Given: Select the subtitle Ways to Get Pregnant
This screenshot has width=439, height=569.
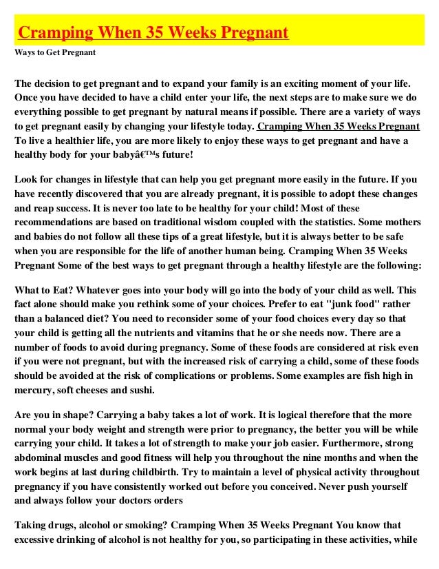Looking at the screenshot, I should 54,52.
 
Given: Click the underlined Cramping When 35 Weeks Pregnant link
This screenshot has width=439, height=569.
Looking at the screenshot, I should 338,127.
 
